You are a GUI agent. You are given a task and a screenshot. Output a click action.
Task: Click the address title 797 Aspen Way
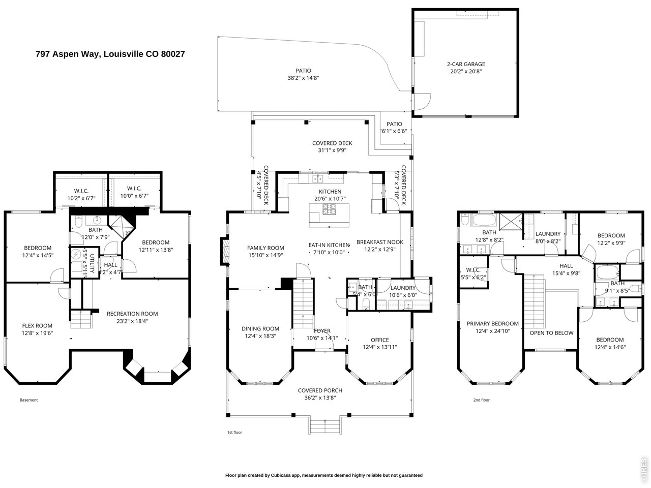point(110,53)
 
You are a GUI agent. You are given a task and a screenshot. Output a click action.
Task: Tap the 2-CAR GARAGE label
point(465,64)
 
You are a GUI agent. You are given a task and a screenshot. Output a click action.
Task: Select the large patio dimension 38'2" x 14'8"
point(303,78)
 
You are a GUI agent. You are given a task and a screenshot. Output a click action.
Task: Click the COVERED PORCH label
point(320,390)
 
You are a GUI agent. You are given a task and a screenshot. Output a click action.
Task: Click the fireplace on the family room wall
point(222,251)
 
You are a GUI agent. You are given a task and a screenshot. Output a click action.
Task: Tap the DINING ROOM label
point(260,328)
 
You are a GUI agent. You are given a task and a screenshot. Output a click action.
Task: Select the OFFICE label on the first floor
point(379,340)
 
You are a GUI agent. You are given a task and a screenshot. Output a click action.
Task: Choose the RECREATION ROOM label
point(132,314)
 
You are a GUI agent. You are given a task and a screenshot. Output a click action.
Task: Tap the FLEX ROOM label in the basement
point(37,326)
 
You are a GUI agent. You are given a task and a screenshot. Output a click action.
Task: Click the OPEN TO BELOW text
point(551,333)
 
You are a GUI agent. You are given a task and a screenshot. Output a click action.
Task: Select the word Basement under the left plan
point(28,400)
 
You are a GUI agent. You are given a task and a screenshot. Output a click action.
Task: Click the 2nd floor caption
point(481,400)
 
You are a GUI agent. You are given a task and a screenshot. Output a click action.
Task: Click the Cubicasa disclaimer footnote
point(323,475)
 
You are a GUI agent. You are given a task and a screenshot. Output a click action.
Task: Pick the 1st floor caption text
point(234,433)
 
